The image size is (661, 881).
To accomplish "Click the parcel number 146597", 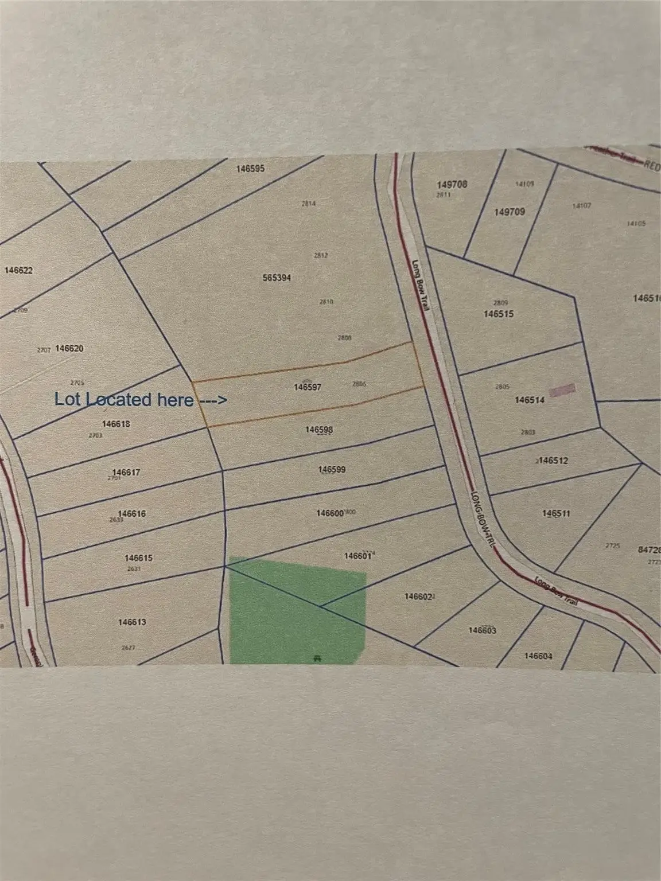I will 308,387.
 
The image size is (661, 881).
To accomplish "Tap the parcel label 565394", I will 277,278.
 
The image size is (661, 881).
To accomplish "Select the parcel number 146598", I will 319,430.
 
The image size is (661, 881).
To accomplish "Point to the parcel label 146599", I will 332,470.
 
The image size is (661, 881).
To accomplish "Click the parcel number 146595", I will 250,169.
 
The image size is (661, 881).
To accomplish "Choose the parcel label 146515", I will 498,314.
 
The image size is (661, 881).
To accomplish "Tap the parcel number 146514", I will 530,400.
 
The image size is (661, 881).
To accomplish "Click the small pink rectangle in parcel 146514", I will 562,390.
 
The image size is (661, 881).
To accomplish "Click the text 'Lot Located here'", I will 123,400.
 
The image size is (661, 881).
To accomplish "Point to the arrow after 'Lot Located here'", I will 212,400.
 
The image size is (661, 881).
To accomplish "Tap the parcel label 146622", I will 18,270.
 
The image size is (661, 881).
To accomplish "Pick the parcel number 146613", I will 132,622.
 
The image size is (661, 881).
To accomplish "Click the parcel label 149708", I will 452,185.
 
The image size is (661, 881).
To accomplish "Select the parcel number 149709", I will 510,212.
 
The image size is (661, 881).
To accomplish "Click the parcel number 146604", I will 538,656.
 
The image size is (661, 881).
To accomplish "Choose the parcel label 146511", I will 556,513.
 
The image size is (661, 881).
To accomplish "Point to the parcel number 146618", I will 116,424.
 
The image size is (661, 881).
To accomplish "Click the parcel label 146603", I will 482,630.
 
